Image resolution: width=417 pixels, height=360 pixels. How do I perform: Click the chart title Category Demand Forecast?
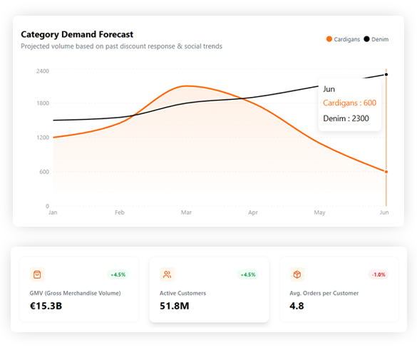pyautogui.click(x=77, y=34)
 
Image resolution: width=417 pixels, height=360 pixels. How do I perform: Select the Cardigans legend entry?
pyautogui.click(x=343, y=39)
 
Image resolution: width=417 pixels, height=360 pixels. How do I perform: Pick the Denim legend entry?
pyautogui.click(x=376, y=39)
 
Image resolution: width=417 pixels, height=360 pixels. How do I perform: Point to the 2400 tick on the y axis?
pyautogui.click(x=42, y=71)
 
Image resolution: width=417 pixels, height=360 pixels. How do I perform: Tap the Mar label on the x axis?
pyautogui.click(x=186, y=212)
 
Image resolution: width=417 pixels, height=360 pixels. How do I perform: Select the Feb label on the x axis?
pyautogui.click(x=119, y=212)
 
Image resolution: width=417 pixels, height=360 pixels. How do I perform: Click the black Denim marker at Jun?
pyautogui.click(x=386, y=74)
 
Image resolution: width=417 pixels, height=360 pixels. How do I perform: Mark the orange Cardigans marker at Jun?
pyautogui.click(x=386, y=172)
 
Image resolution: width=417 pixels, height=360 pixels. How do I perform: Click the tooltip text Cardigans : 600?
pyautogui.click(x=349, y=103)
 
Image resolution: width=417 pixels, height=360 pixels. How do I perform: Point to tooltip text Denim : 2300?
pyautogui.click(x=346, y=118)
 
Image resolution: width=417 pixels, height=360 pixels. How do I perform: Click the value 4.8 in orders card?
pyautogui.click(x=297, y=306)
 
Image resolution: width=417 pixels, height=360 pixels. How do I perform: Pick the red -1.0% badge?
pyautogui.click(x=378, y=274)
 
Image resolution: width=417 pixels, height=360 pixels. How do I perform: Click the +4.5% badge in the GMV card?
pyautogui.click(x=118, y=274)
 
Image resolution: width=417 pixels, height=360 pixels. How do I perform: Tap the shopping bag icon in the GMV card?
pyautogui.click(x=38, y=274)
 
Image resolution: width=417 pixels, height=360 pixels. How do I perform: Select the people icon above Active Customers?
pyautogui.click(x=167, y=274)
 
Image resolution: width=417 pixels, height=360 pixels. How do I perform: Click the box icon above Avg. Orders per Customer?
pyautogui.click(x=297, y=274)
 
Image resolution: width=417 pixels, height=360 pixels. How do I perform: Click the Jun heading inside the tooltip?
pyautogui.click(x=329, y=89)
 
